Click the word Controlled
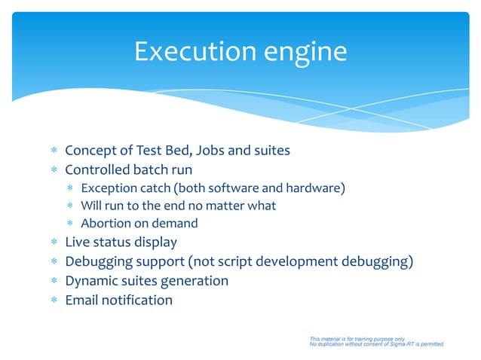(x=99, y=169)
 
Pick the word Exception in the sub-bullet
(x=109, y=188)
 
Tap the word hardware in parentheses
(x=313, y=188)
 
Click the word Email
(x=82, y=300)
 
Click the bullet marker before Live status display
(x=54, y=243)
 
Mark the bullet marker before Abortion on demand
(x=70, y=224)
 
